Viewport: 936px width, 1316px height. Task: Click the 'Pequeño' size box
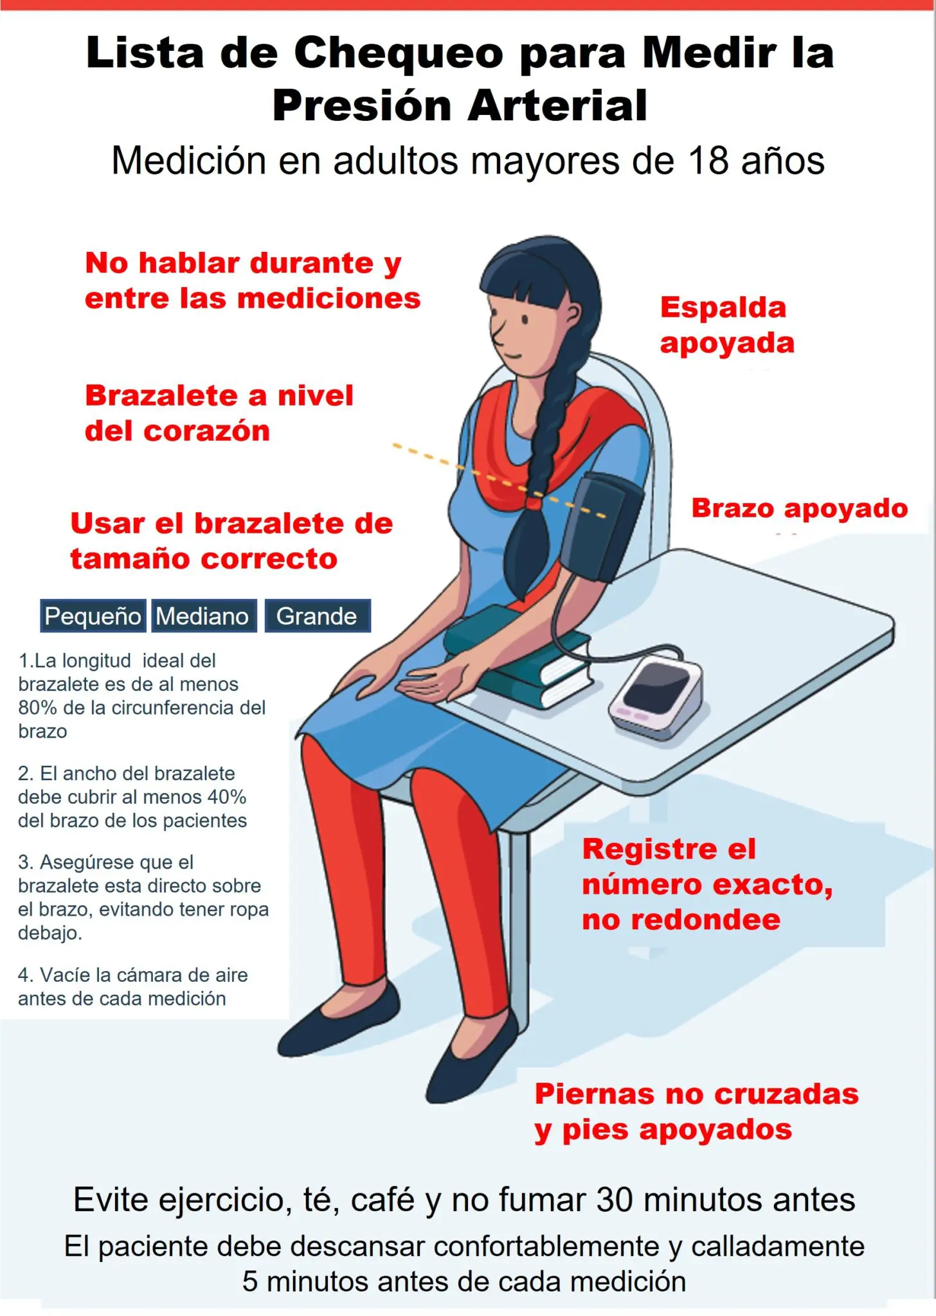click(x=93, y=616)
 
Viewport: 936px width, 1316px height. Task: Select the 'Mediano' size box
click(x=203, y=616)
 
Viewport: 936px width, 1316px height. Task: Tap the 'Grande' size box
click(x=317, y=616)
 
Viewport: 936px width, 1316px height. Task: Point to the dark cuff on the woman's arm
click(x=604, y=527)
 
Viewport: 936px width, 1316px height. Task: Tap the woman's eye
click(x=525, y=319)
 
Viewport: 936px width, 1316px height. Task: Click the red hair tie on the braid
click(x=533, y=499)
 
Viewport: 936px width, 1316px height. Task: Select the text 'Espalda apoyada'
click(x=726, y=325)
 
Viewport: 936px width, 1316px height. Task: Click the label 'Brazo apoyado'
click(x=799, y=508)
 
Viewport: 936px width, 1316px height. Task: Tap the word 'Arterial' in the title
click(x=557, y=106)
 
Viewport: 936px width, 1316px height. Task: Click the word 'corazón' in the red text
click(x=206, y=431)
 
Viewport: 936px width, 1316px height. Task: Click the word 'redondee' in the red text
click(x=705, y=920)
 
